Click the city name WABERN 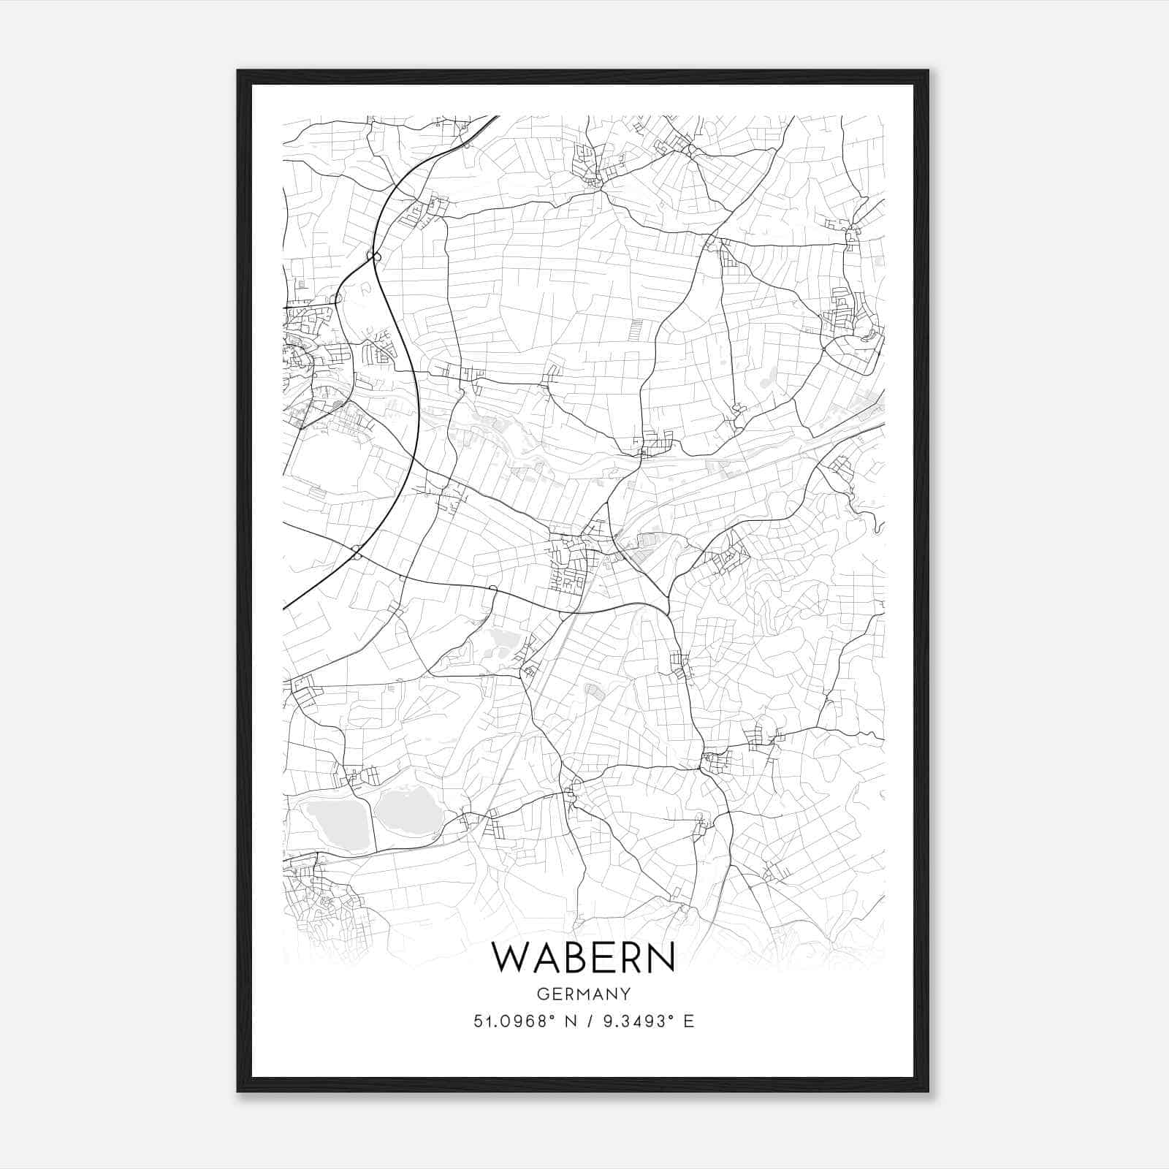[x=584, y=958]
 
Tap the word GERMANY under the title [x=584, y=994]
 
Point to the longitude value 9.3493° [x=633, y=1021]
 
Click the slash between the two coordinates [x=584, y=1021]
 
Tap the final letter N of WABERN [x=660, y=958]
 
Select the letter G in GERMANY [x=542, y=994]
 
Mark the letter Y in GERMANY [x=625, y=994]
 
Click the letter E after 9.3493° [x=688, y=1021]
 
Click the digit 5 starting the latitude [x=478, y=1021]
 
